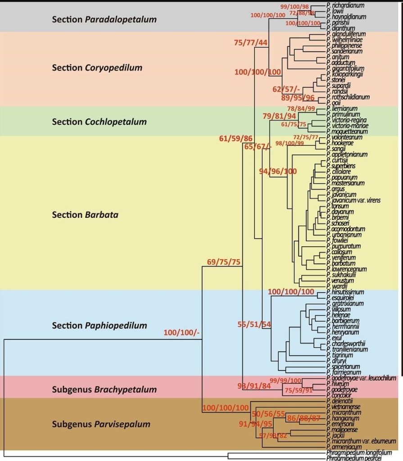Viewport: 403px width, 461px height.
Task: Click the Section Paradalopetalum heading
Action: (x=104, y=20)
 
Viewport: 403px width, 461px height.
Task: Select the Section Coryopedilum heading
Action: (x=97, y=68)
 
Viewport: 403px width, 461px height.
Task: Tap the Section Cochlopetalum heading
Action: (x=99, y=122)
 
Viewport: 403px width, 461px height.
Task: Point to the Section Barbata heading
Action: (x=85, y=215)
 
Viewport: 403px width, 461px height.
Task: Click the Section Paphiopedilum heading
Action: (x=100, y=325)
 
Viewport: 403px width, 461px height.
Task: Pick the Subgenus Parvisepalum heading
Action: (x=101, y=424)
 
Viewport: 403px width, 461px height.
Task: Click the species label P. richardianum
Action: (x=345, y=5)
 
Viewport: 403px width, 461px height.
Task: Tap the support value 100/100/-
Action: (x=181, y=332)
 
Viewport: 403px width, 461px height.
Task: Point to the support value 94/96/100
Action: (x=278, y=171)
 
